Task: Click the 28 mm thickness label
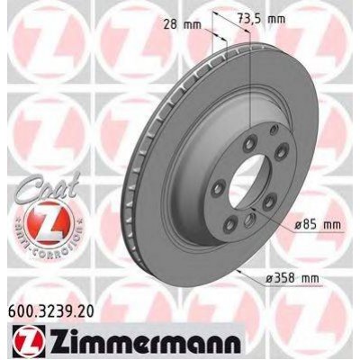(x=182, y=24)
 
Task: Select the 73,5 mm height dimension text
(x=261, y=19)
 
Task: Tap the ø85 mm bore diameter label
(x=317, y=224)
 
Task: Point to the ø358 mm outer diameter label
(x=292, y=279)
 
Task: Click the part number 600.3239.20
(x=49, y=311)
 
